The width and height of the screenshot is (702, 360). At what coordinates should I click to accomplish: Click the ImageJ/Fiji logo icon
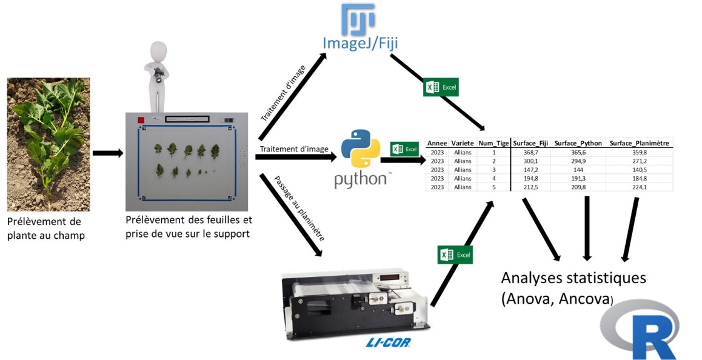coord(358,19)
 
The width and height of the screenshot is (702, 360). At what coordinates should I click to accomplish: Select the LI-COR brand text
coord(388,342)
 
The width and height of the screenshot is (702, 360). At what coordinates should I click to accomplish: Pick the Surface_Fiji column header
coord(531,144)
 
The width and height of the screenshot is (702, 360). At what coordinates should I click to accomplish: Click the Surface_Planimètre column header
coord(640,144)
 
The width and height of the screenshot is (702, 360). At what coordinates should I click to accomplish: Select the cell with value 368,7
coord(531,153)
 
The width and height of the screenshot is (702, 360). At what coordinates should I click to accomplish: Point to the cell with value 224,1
coord(640,187)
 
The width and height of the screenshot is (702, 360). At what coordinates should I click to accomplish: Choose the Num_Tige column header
coord(493,144)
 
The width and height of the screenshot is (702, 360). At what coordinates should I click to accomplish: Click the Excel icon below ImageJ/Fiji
coord(441,87)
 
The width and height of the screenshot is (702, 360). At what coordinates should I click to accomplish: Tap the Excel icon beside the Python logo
coord(404,149)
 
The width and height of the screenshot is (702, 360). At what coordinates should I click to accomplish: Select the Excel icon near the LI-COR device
coord(455,255)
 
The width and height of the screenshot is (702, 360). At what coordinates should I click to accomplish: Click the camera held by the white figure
coord(159,75)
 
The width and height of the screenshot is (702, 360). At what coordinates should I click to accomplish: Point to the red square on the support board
coord(141,121)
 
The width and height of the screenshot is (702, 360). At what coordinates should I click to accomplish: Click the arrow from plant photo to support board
coord(107,154)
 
